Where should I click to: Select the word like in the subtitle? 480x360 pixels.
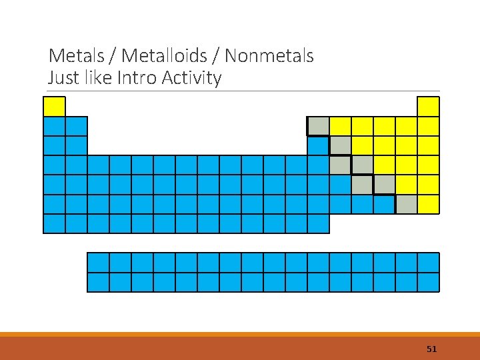(x=98, y=78)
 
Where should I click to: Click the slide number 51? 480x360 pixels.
(x=431, y=349)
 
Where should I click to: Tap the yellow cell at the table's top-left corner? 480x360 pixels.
(x=54, y=107)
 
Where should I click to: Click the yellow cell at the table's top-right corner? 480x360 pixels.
(x=428, y=107)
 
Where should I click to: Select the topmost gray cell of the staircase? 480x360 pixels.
(x=318, y=126)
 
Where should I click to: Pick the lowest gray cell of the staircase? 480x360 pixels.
(x=406, y=204)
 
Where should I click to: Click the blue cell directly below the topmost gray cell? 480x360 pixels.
(x=318, y=145)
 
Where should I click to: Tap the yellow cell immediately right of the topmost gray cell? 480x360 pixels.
(x=340, y=126)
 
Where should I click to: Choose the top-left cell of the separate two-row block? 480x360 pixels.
(x=98, y=263)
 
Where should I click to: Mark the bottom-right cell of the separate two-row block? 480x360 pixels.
(x=428, y=282)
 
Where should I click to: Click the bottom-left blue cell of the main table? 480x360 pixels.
(x=54, y=223)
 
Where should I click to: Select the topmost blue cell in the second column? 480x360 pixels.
(x=76, y=126)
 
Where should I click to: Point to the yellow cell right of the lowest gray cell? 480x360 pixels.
(x=428, y=204)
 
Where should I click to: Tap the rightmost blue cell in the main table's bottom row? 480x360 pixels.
(x=318, y=223)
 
